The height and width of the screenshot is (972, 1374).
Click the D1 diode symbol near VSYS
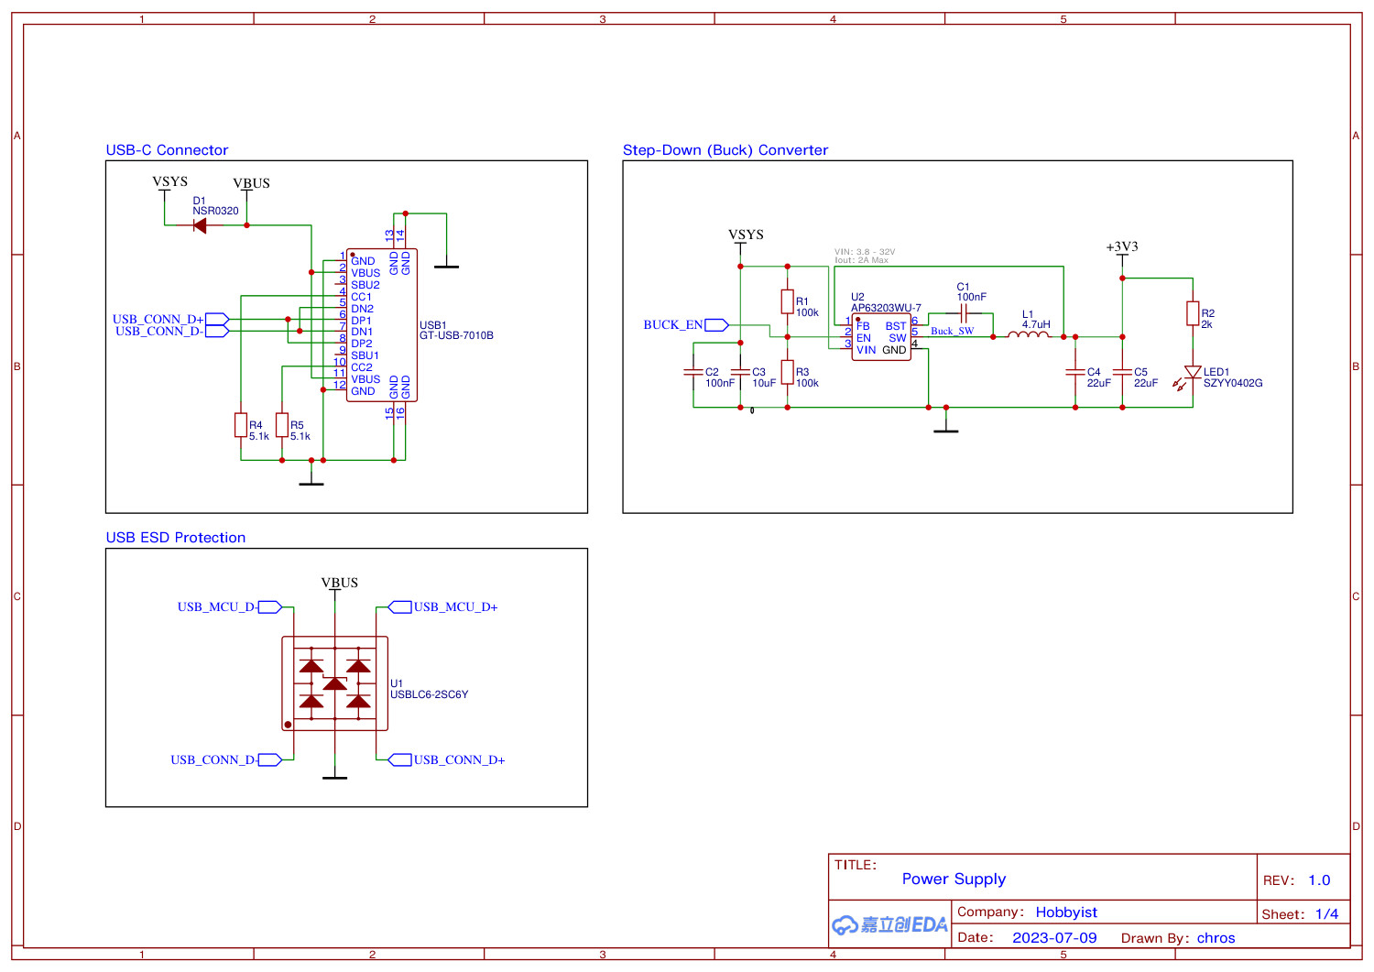(200, 225)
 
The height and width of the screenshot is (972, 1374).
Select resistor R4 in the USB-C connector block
(241, 425)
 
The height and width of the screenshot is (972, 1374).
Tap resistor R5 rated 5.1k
(282, 425)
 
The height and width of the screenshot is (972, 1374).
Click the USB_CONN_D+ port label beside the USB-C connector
(158, 319)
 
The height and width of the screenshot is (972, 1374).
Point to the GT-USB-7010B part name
(456, 336)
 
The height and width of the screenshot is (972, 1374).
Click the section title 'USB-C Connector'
(167, 150)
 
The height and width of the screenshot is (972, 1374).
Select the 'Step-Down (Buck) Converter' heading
(725, 150)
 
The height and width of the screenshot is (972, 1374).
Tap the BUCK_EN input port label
(673, 325)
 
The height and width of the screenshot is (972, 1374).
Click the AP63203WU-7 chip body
(881, 337)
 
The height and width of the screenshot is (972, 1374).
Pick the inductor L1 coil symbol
(1029, 336)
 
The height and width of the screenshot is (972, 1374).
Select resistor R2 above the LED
(1193, 313)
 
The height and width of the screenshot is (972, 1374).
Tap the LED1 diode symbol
(1193, 373)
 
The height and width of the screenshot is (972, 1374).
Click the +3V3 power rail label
(1122, 247)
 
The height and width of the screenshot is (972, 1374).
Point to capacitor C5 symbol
(1122, 373)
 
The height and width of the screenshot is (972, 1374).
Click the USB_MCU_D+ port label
(455, 607)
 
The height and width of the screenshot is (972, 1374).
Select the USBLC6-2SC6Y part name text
(430, 695)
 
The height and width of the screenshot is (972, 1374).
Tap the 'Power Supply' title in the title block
(954, 879)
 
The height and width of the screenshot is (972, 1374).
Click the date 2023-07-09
(1054, 938)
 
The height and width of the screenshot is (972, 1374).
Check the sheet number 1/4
(1326, 914)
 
